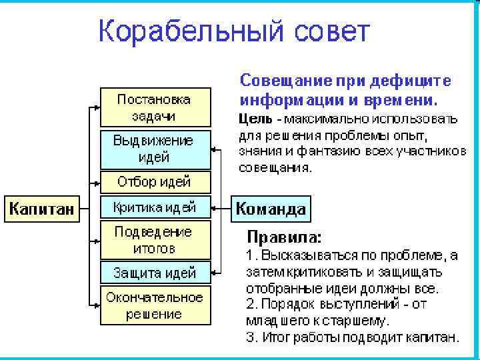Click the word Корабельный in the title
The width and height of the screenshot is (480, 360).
[193, 31]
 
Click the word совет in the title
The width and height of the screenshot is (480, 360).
[331, 31]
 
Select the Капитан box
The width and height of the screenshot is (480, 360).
[41, 208]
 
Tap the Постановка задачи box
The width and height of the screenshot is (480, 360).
[154, 107]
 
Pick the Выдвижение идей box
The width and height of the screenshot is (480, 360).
[154, 149]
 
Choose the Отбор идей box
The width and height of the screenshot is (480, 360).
[154, 181]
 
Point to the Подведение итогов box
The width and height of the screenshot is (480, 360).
[154, 240]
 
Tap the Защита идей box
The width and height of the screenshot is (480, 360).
[154, 272]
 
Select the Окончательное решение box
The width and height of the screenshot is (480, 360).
[154, 305]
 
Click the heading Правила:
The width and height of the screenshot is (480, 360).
[284, 237]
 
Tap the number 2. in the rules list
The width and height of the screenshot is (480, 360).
[251, 305]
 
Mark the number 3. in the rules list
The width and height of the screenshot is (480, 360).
[251, 337]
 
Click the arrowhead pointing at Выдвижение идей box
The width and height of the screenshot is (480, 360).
[213, 149]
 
